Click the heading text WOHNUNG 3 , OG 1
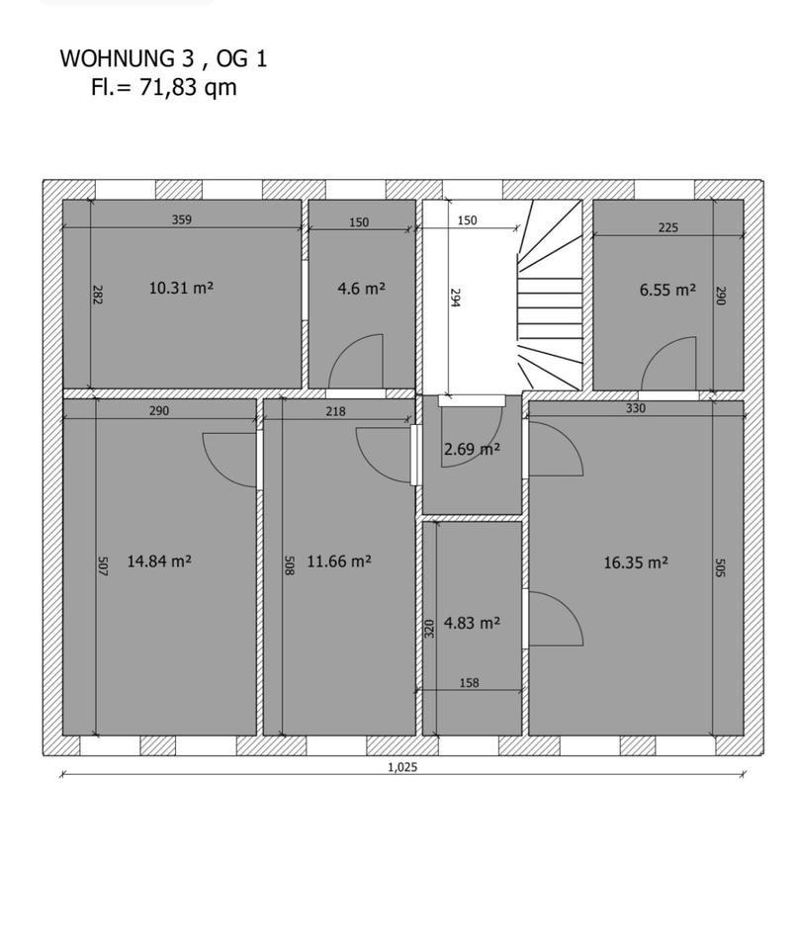[x=163, y=58]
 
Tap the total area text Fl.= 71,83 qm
[x=163, y=87]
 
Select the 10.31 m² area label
[x=181, y=288]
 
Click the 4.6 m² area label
[x=362, y=289]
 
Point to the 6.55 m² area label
[x=667, y=290]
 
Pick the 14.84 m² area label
[x=159, y=561]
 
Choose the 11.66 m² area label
[x=339, y=561]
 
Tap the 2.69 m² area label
[x=472, y=449]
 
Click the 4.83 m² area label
[x=472, y=623]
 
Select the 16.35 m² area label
[x=636, y=562]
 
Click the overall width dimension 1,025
[x=402, y=767]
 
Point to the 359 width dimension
[x=182, y=219]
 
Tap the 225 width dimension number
[x=668, y=227]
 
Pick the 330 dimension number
[x=635, y=408]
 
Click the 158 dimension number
[x=470, y=683]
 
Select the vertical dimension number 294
[x=456, y=298]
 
